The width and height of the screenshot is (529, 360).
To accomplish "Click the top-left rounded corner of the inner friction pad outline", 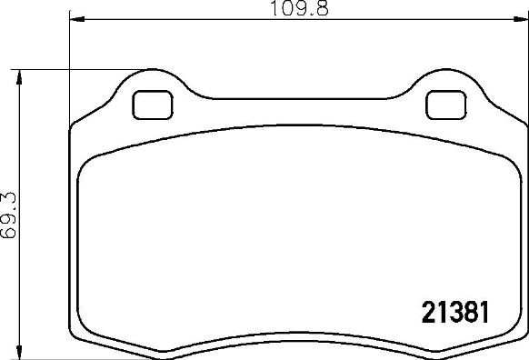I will (88, 164).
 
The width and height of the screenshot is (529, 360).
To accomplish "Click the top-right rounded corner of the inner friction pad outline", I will (505, 164).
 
